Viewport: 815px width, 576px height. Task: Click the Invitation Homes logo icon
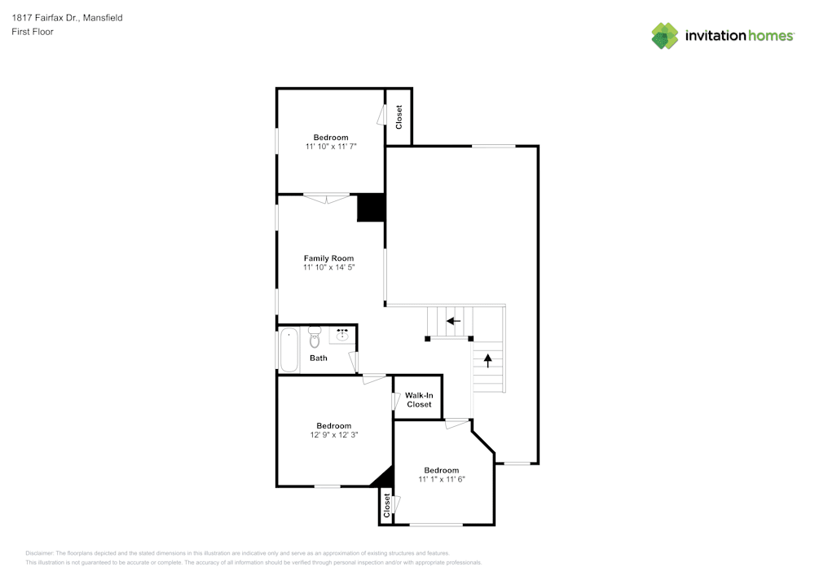pyautogui.click(x=664, y=36)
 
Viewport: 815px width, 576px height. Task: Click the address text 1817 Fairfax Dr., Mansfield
pyautogui.click(x=67, y=17)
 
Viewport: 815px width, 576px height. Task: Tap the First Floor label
pyautogui.click(x=33, y=32)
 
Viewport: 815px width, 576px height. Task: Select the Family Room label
pyautogui.click(x=328, y=258)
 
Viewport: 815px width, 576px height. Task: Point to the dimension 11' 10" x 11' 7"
pyautogui.click(x=331, y=147)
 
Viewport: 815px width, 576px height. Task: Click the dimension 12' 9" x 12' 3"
pyautogui.click(x=333, y=435)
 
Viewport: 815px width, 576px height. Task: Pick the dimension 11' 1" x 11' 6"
pyautogui.click(x=441, y=480)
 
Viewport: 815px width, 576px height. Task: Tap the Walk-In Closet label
pyautogui.click(x=419, y=400)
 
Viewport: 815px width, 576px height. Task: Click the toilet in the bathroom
pyautogui.click(x=315, y=337)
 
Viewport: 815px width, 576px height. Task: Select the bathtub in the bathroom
pyautogui.click(x=289, y=350)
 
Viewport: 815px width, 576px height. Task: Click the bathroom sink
pyautogui.click(x=343, y=334)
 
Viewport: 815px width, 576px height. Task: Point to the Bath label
pyautogui.click(x=318, y=358)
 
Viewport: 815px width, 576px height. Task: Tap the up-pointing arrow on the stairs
pyautogui.click(x=488, y=359)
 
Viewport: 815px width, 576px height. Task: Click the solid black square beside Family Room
pyautogui.click(x=371, y=207)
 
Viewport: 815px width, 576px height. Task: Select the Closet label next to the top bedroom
pyautogui.click(x=399, y=117)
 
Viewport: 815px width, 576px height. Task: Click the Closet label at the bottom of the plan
pyautogui.click(x=386, y=505)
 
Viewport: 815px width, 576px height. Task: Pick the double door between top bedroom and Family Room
pyautogui.click(x=326, y=196)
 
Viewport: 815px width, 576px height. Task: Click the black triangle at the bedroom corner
pyautogui.click(x=384, y=477)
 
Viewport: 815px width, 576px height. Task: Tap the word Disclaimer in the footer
pyautogui.click(x=40, y=553)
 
